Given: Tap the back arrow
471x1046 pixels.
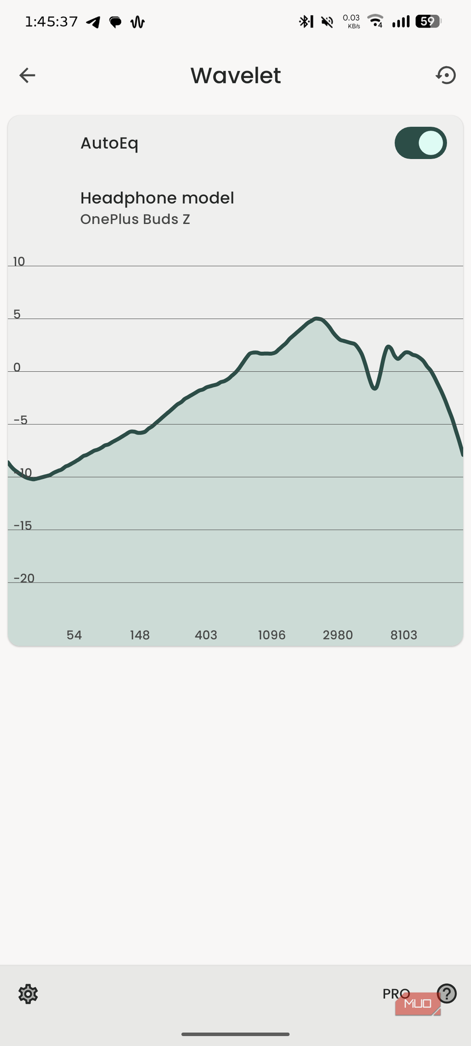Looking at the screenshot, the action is coord(27,76).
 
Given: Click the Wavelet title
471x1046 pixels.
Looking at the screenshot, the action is coord(235,76).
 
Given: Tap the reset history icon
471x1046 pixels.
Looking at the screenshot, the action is coord(445,76).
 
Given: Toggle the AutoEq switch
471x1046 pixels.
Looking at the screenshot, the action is coord(420,143).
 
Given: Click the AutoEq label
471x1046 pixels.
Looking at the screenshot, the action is coord(109,144).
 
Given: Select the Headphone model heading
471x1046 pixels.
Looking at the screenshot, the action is coord(157,198).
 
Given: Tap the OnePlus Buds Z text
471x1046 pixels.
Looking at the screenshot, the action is coord(135,219).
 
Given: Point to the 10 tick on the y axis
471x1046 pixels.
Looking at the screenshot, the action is coord(19,261).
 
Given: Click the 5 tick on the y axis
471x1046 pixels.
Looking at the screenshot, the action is coord(17,314).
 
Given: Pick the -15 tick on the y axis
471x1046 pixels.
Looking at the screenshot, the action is coord(23,526).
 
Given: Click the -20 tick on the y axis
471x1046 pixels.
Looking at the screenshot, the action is coord(24,579).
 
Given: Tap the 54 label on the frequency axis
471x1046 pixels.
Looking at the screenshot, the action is coord(74,635).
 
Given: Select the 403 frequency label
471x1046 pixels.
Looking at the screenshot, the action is coord(206,635).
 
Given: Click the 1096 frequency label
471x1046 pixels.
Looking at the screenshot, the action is coord(271,635).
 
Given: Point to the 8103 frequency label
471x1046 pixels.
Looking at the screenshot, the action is coord(404,635).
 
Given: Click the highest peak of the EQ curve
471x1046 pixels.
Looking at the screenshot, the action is coord(317,318).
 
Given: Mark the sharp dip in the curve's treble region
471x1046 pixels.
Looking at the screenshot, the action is coord(374,388).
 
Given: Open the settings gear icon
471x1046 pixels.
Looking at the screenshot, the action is coord(28,994).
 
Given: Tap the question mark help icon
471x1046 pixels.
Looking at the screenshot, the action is coord(446,994).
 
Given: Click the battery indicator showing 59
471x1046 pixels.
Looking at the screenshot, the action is coord(428,22).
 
